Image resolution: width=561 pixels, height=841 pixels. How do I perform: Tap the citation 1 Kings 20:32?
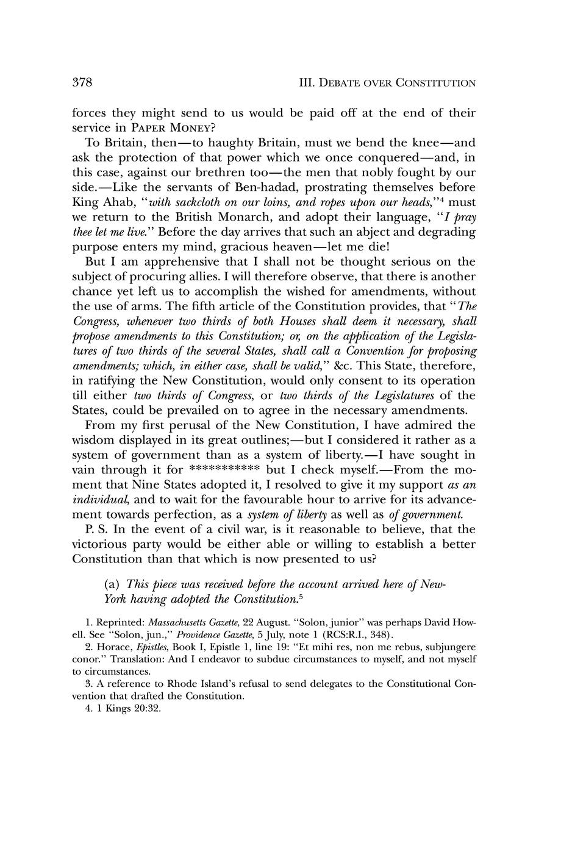[129, 709]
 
